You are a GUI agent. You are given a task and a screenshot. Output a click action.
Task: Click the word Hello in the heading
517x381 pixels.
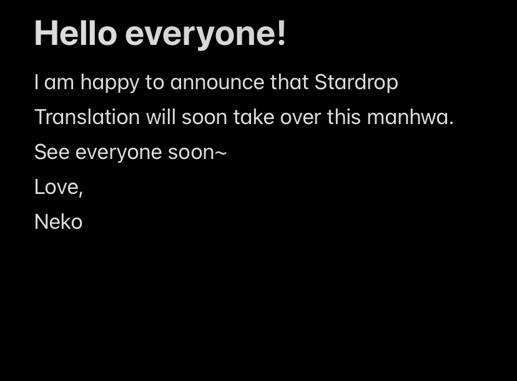pyautogui.click(x=76, y=33)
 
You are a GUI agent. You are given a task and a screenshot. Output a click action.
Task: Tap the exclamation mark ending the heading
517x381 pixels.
pyautogui.click(x=281, y=33)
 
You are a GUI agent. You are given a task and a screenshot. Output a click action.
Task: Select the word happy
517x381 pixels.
pyautogui.click(x=110, y=83)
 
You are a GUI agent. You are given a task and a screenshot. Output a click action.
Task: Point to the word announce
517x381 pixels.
pyautogui.click(x=217, y=82)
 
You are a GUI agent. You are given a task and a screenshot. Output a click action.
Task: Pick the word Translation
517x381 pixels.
pyautogui.click(x=87, y=117)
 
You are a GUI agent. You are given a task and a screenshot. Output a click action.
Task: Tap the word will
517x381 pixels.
pyautogui.click(x=160, y=117)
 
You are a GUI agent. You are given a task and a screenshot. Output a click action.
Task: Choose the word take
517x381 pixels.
pyautogui.click(x=254, y=117)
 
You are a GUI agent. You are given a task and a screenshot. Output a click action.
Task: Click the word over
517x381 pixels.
pyautogui.click(x=300, y=118)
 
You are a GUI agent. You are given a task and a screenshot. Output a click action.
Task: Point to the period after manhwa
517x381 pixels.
pyautogui.click(x=451, y=123)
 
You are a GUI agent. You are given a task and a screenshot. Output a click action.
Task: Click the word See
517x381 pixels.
pyautogui.click(x=52, y=152)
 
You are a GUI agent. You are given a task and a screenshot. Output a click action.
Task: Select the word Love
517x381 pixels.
pyautogui.click(x=56, y=186)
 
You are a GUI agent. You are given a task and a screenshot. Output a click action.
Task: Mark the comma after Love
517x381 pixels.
pyautogui.click(x=81, y=194)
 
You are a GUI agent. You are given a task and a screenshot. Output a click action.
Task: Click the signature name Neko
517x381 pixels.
pyautogui.click(x=58, y=221)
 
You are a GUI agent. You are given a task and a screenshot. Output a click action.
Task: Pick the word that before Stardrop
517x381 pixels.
pyautogui.click(x=289, y=82)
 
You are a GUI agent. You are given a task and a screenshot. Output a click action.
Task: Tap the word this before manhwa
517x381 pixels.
pyautogui.click(x=343, y=117)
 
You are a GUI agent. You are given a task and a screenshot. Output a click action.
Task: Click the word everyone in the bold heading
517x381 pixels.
pyautogui.click(x=199, y=34)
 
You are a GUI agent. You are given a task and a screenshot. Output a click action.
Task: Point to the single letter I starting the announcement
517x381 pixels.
pyautogui.click(x=36, y=82)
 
